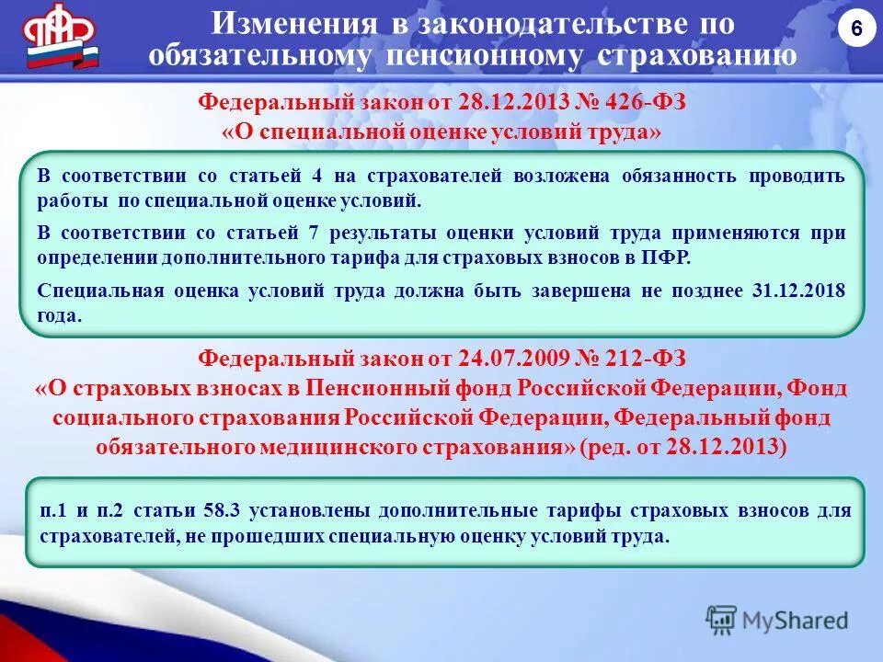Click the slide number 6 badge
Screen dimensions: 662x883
coord(856,29)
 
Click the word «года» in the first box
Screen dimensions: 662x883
coord(60,315)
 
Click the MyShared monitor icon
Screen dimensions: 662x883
coord(722,622)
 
